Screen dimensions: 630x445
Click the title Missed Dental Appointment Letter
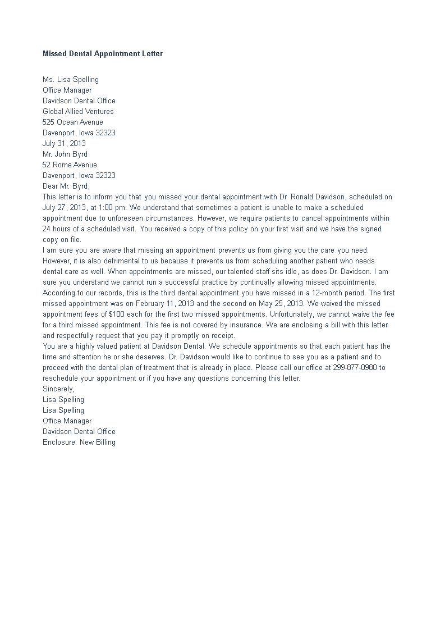(x=103, y=54)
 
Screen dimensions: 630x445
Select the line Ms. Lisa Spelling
(x=71, y=80)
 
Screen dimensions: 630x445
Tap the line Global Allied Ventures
(x=78, y=112)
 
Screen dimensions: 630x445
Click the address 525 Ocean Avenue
(x=73, y=122)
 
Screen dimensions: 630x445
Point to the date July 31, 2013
(x=64, y=144)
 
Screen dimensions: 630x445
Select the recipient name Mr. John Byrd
(x=65, y=154)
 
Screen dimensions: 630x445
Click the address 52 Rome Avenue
(x=70, y=165)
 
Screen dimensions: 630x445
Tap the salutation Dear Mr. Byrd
(x=66, y=186)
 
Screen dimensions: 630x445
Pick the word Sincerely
(x=58, y=389)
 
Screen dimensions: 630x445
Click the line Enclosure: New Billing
(x=79, y=442)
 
